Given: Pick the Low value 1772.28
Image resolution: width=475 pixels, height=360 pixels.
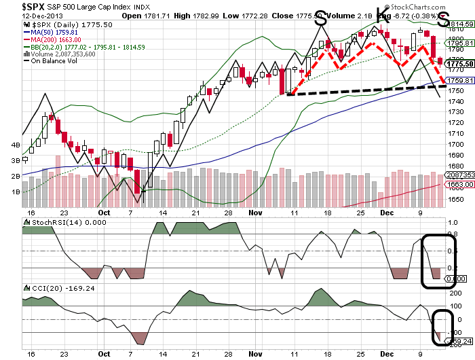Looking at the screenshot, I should [x=255, y=16].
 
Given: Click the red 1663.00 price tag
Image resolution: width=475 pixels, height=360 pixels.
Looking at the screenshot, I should [x=460, y=184].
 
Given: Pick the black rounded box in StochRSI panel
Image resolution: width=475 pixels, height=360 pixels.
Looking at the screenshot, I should [x=436, y=259].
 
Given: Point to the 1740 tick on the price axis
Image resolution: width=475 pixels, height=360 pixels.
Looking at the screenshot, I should [x=457, y=101].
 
